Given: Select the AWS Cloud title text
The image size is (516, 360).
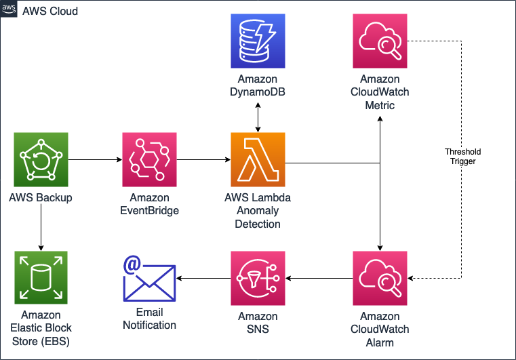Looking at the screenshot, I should coord(50,11).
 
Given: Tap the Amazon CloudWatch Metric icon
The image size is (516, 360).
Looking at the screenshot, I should coord(380,41).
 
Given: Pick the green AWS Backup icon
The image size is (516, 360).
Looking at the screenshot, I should coord(41,159).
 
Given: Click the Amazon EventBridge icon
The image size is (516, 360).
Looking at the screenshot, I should coord(149,159).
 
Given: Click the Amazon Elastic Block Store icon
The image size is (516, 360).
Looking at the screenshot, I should coord(41,278).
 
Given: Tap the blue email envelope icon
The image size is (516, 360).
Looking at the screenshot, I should coord(149,278).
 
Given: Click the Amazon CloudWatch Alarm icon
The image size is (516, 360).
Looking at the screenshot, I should coord(380,278).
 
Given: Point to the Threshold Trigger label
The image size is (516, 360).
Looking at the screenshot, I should coord(462,157).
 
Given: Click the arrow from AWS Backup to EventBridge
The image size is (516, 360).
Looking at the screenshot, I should coord(95,160).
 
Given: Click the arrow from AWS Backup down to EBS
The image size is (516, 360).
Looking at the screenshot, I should coord(41,227).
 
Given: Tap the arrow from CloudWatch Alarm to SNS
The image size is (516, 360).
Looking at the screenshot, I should coord(319,278).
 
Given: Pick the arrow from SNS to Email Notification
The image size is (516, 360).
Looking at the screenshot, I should coord(203,278).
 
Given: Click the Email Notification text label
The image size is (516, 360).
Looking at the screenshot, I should coord(149,319).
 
